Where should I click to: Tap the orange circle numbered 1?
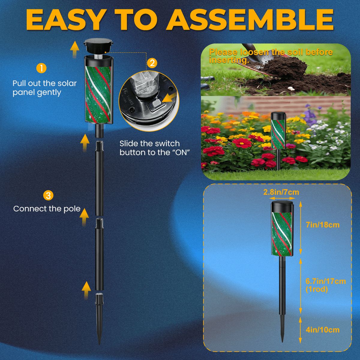41,68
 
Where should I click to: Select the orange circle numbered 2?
152,63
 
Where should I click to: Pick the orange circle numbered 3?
48,196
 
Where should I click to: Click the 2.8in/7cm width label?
281,192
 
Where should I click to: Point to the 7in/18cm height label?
322,225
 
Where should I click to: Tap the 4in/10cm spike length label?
322,330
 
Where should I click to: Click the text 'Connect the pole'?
47,209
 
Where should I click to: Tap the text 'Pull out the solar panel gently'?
45,88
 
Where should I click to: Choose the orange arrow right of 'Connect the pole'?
85,216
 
